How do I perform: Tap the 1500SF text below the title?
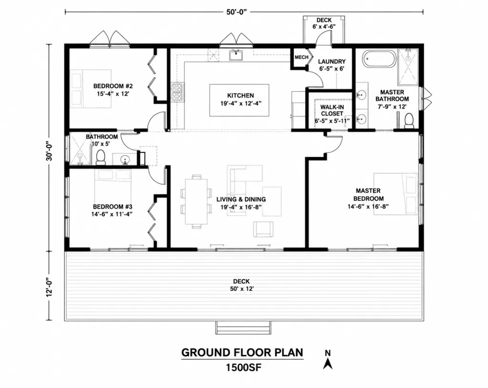(244, 368)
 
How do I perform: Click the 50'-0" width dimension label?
(236, 12)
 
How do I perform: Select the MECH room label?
(301, 57)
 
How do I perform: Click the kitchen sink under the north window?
(235, 55)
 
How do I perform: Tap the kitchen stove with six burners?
(177, 92)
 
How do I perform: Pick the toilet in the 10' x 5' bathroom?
(101, 157)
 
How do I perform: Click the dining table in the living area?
(196, 201)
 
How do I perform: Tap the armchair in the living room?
(263, 229)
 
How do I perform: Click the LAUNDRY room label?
(332, 61)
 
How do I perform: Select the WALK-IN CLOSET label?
(332, 110)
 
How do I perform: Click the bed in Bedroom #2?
(91, 89)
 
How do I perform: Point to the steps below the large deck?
(244, 328)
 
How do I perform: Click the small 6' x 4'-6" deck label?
(324, 23)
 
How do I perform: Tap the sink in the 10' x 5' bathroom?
(125, 159)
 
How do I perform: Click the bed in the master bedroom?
(396, 194)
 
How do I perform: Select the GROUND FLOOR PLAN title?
(242, 353)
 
